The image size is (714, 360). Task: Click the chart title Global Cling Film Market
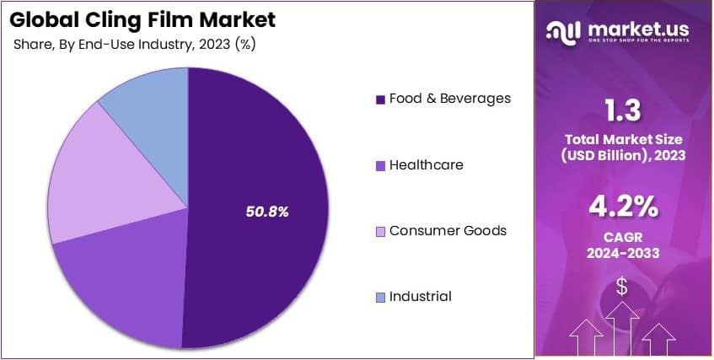pyautogui.click(x=142, y=18)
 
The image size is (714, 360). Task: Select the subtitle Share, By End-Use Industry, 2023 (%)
pyautogui.click(x=134, y=45)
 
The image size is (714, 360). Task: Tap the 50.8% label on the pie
pyautogui.click(x=267, y=212)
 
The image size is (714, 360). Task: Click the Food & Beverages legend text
pyautogui.click(x=449, y=99)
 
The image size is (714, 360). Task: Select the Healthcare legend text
pyautogui.click(x=426, y=165)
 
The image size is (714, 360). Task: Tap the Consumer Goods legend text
pyautogui.click(x=448, y=230)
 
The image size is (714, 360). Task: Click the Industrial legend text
pyautogui.click(x=420, y=296)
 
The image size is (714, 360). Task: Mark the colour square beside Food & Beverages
pyautogui.click(x=381, y=99)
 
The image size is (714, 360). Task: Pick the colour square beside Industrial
pyautogui.click(x=381, y=297)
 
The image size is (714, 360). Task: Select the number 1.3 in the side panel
pyautogui.click(x=623, y=110)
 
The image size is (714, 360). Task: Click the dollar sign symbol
pyautogui.click(x=622, y=287)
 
